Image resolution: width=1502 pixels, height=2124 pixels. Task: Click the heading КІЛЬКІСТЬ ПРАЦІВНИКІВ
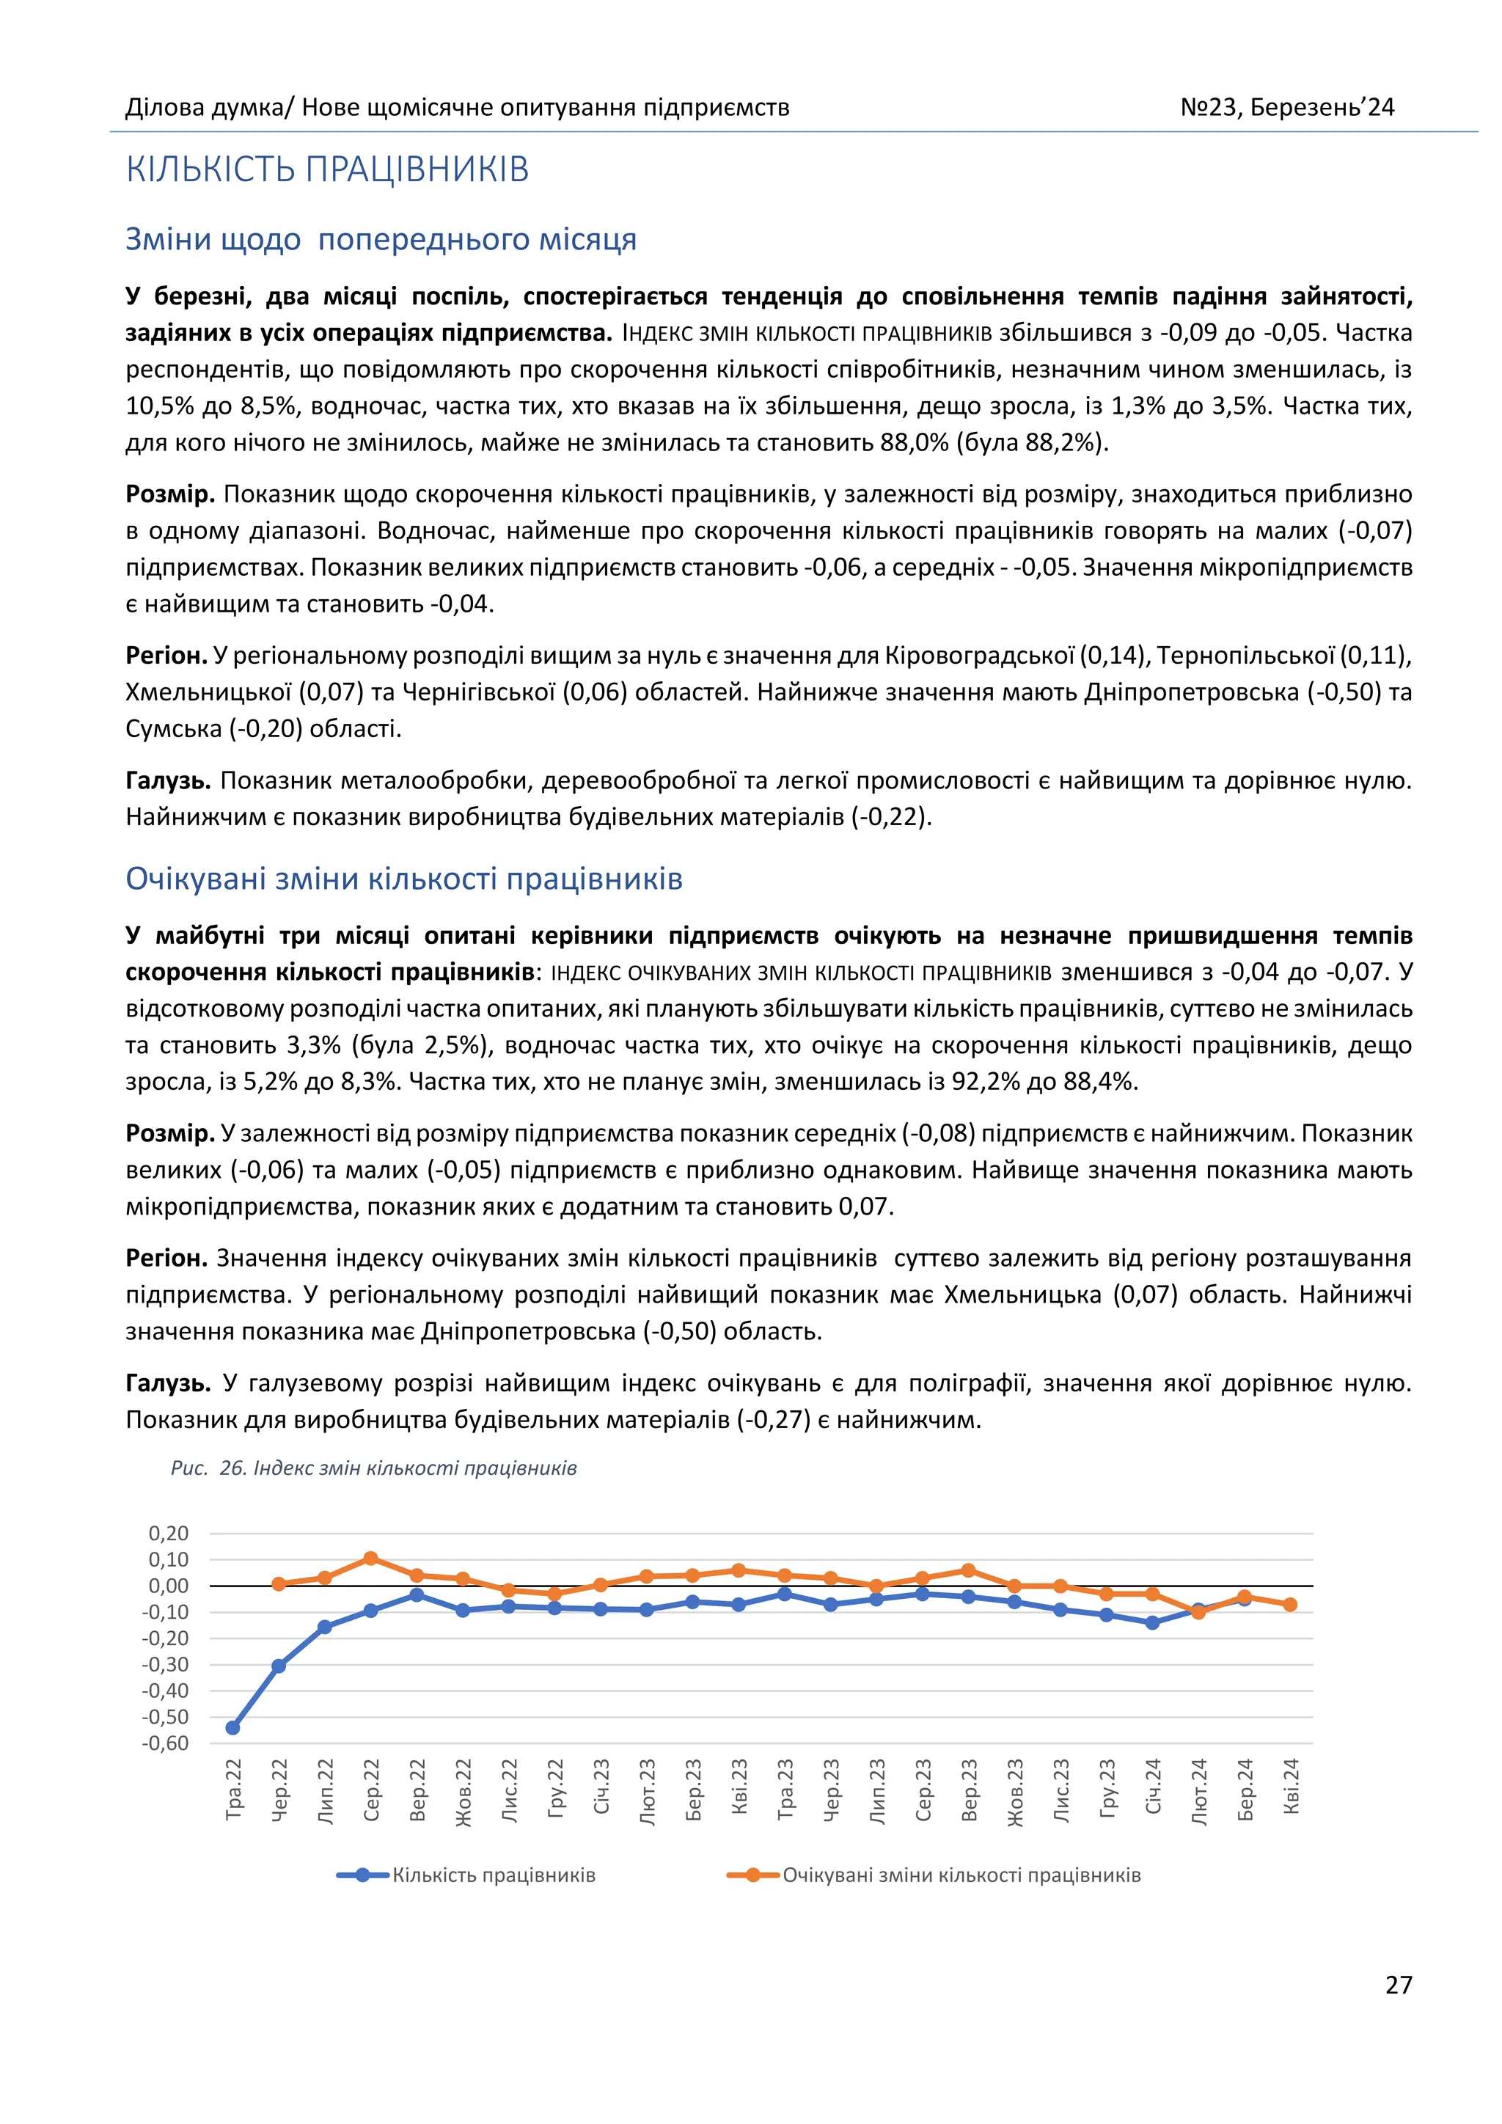click(x=327, y=169)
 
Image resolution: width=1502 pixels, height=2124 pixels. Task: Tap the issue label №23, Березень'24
click(x=1286, y=107)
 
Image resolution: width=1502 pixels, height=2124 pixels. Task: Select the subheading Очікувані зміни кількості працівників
click(x=404, y=878)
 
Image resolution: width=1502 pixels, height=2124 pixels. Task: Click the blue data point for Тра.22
click(x=233, y=1727)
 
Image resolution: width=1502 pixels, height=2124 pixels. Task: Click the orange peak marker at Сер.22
click(x=371, y=1558)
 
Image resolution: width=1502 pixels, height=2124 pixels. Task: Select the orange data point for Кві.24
click(x=1290, y=1604)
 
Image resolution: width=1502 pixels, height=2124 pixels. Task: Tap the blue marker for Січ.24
click(x=1152, y=1622)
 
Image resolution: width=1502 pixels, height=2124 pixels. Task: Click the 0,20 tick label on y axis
click(x=169, y=1533)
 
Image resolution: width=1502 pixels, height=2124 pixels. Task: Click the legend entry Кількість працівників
click(x=493, y=1875)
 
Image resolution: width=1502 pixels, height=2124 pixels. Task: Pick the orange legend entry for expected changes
click(x=961, y=1875)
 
